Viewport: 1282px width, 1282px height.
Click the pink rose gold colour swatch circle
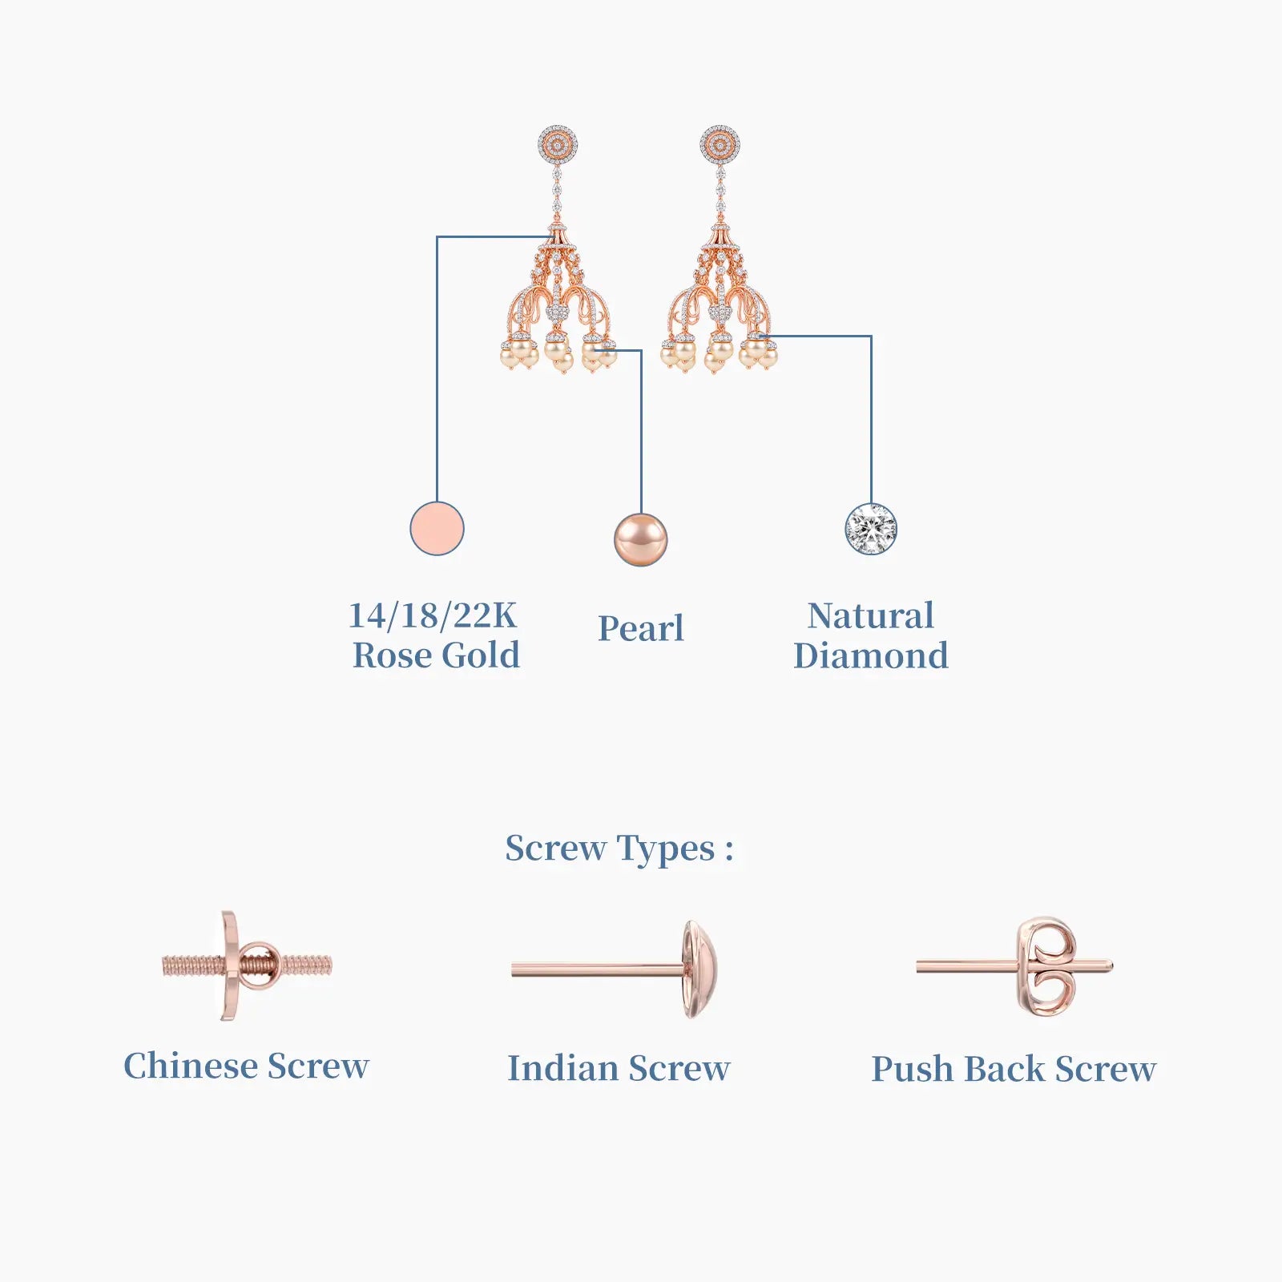pyautogui.click(x=437, y=529)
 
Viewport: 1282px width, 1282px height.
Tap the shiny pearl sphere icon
pyautogui.click(x=640, y=539)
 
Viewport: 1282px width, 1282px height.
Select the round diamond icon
pyautogui.click(x=871, y=529)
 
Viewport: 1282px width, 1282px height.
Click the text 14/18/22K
pyautogui.click(x=433, y=615)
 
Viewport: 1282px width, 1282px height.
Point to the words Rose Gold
pyautogui.click(x=436, y=655)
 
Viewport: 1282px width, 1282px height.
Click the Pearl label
pyautogui.click(x=641, y=628)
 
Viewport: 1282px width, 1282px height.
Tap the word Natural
pyautogui.click(x=871, y=615)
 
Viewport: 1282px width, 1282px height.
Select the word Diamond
pyautogui.click(x=871, y=655)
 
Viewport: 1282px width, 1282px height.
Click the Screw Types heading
pyautogui.click(x=619, y=849)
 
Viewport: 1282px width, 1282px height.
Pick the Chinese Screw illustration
pyautogui.click(x=247, y=966)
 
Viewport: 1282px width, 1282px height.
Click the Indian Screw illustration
pyautogui.click(x=615, y=970)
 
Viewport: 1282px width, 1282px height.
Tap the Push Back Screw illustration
pyautogui.click(x=1014, y=967)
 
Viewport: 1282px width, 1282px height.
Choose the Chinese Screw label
pyautogui.click(x=246, y=1066)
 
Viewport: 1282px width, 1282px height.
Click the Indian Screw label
pyautogui.click(x=619, y=1068)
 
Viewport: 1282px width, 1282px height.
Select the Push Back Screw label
pyautogui.click(x=1014, y=1069)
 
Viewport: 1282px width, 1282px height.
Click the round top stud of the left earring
pyautogui.click(x=558, y=145)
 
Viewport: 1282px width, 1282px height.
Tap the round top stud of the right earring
pyautogui.click(x=720, y=145)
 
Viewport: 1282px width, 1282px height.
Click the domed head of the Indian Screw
pyautogui.click(x=699, y=970)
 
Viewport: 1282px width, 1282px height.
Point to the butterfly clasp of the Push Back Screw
pyautogui.click(x=1046, y=967)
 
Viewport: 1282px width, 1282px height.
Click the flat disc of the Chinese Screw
pyautogui.click(x=230, y=966)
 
